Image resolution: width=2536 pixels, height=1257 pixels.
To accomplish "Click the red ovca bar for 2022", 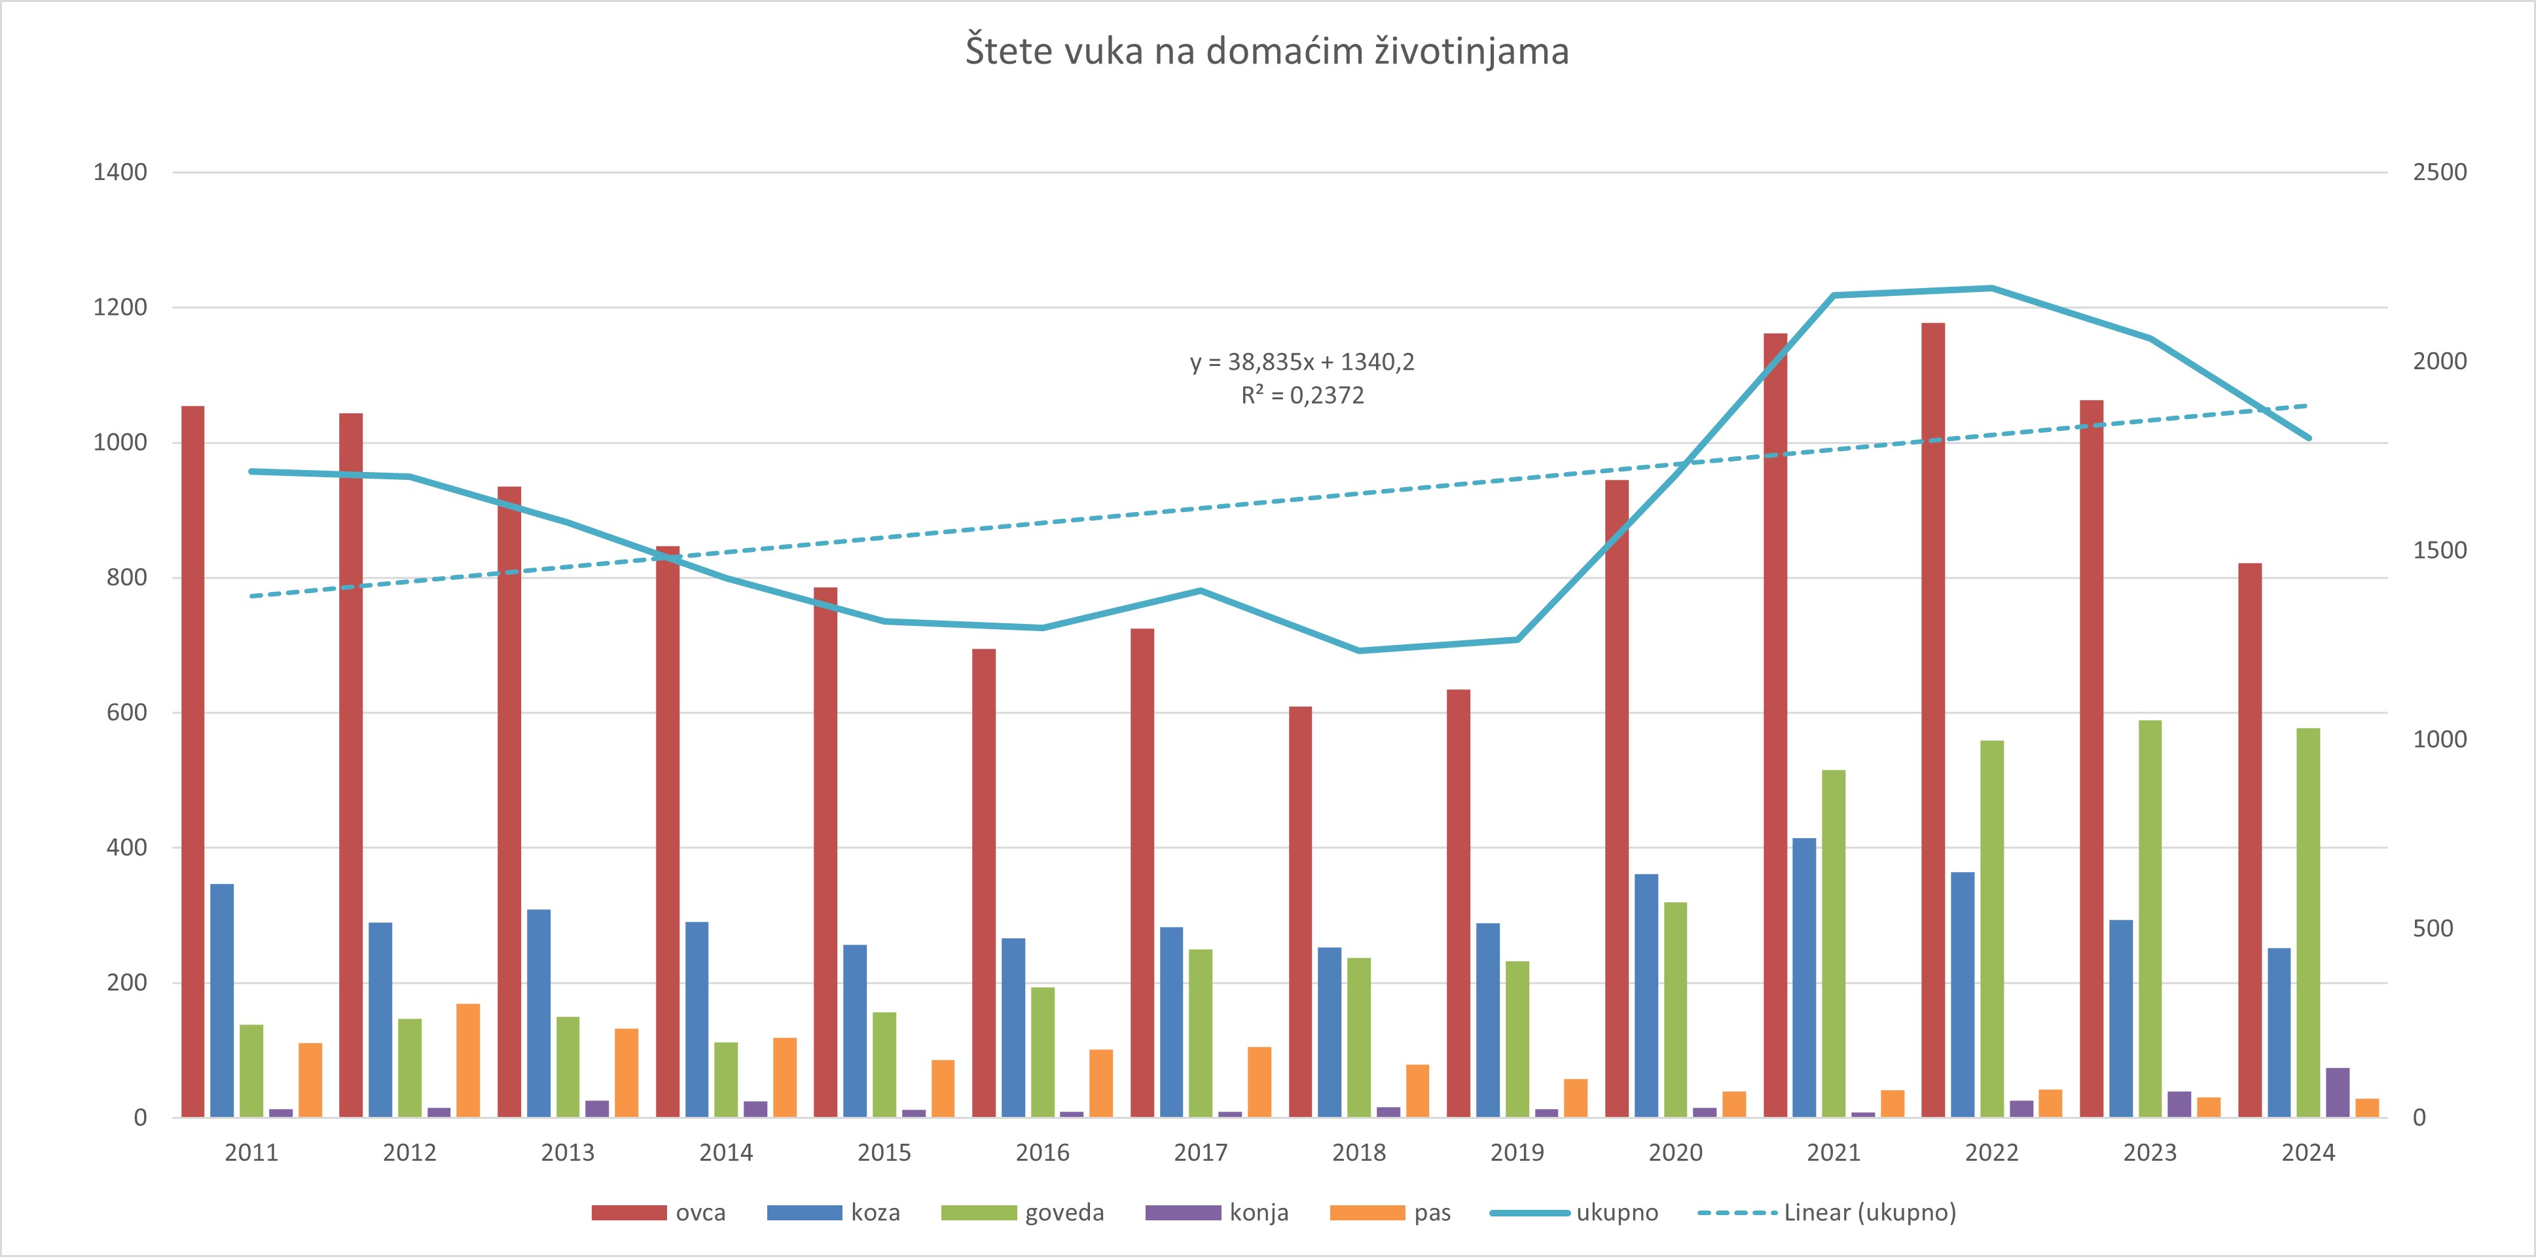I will point(1932,720).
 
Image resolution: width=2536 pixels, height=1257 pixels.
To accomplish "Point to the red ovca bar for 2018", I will point(1301,911).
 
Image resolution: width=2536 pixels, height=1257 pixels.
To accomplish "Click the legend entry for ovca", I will point(659,1212).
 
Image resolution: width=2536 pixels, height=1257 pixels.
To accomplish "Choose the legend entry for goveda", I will point(1022,1212).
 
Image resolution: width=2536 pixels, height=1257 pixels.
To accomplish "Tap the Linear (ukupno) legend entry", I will point(1827,1212).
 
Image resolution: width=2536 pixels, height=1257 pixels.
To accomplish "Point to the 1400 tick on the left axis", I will point(120,172).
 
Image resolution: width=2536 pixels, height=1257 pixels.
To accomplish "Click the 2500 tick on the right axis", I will point(2440,172).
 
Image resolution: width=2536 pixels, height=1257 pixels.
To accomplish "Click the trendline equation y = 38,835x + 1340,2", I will point(1301,362).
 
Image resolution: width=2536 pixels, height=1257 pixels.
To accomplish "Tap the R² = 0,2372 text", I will point(1301,395).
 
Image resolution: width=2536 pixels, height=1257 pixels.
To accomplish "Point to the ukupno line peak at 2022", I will point(1991,289).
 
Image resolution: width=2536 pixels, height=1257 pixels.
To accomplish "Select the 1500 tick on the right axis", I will point(2440,550).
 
